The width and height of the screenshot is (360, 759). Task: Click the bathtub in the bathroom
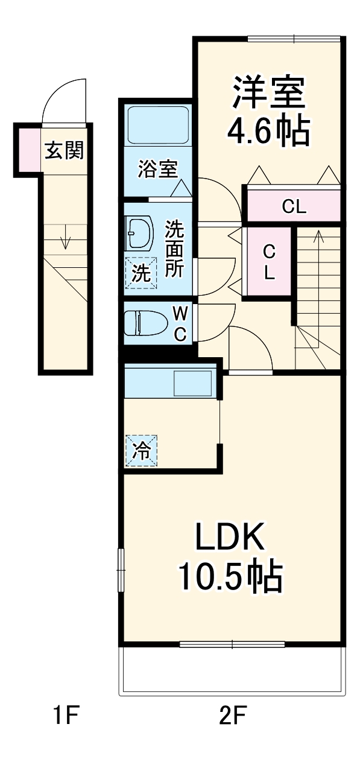tap(159, 125)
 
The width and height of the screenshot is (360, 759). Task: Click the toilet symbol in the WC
tap(145, 323)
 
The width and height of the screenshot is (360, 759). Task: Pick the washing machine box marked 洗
tap(141, 273)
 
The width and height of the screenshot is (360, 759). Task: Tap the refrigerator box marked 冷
tap(141, 450)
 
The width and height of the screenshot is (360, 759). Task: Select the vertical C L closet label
tap(269, 261)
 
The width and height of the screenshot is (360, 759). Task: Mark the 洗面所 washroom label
tap(174, 249)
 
